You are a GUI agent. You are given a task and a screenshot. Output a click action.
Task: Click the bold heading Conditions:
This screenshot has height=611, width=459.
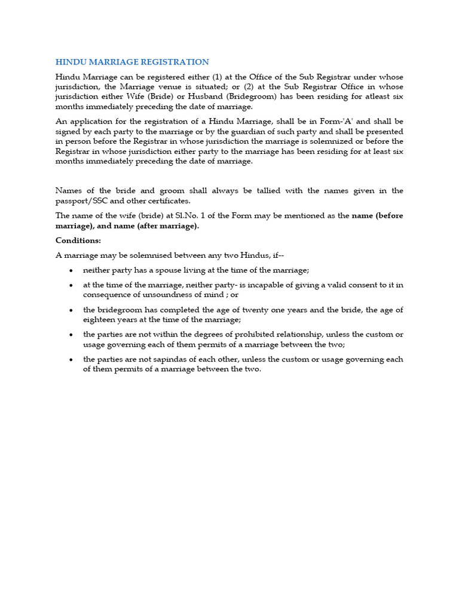click(x=78, y=240)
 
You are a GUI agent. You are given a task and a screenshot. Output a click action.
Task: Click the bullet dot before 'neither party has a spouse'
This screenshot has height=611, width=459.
click(x=72, y=270)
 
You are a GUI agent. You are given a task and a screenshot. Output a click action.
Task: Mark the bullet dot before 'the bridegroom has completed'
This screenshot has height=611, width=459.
click(x=72, y=310)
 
